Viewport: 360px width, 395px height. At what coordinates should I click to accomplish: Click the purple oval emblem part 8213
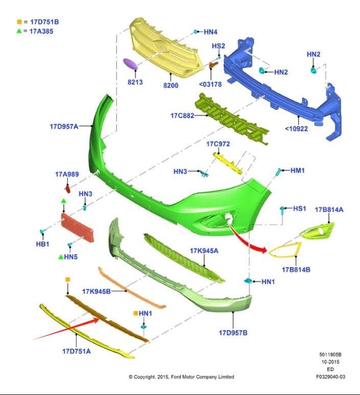point(130,64)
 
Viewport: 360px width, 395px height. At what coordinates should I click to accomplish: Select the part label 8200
point(171,85)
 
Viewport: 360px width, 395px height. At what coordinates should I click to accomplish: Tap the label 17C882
point(182,116)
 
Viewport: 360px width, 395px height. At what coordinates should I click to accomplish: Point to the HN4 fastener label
point(210,32)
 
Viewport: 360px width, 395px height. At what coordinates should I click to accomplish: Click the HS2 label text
point(219,46)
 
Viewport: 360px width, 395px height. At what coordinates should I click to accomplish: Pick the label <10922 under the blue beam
point(296,129)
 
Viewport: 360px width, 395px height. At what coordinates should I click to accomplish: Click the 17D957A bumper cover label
point(64,127)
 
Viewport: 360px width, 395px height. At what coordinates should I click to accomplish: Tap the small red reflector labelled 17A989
point(68,189)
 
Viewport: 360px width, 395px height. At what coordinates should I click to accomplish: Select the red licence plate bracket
point(78,228)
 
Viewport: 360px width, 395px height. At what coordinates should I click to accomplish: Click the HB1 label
point(42,244)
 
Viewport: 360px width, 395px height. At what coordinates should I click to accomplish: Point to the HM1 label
point(298,170)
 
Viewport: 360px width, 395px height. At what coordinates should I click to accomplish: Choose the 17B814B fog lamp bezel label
point(296,269)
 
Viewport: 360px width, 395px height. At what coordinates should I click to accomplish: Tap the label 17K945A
point(204,251)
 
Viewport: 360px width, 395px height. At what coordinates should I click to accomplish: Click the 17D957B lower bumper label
point(233,333)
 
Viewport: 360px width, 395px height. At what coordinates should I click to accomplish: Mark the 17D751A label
point(77,351)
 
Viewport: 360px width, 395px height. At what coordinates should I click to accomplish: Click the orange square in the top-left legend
point(19,22)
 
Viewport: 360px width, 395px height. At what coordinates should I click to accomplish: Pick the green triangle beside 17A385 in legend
point(19,31)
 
